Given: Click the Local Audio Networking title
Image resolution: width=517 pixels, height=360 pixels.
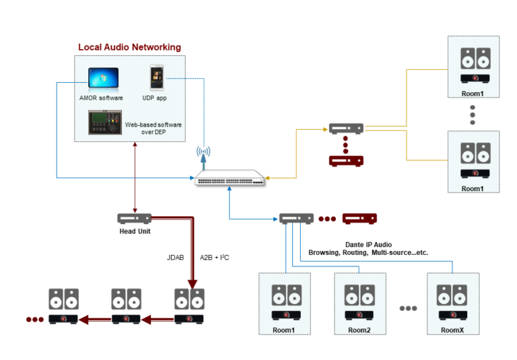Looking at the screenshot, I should (129, 47).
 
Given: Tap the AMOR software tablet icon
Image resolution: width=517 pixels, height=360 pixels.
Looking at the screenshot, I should (103, 80).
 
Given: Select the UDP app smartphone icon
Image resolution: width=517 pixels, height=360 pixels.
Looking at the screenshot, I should (156, 78).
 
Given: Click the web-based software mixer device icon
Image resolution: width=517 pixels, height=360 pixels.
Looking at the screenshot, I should (104, 122).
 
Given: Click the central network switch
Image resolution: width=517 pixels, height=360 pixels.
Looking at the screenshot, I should (230, 178).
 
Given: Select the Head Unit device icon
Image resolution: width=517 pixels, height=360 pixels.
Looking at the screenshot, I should (134, 219).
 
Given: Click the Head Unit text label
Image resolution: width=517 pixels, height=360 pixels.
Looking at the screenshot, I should (134, 231).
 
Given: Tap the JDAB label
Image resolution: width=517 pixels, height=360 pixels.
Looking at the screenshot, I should (176, 256).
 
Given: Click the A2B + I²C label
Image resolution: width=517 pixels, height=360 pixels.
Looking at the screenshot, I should (215, 256).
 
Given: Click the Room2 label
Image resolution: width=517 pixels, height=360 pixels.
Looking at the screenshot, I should (359, 330).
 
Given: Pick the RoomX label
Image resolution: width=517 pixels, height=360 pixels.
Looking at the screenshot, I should (452, 330).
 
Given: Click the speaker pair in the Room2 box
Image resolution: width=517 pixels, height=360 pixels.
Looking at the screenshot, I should (359, 295).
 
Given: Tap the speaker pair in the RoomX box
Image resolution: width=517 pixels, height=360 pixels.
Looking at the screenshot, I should (452, 295).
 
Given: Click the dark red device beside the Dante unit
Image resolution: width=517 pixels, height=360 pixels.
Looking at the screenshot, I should (359, 219).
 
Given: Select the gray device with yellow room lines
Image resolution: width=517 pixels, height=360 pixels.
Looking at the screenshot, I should (346, 128).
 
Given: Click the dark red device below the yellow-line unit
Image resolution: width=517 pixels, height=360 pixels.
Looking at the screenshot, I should (346, 161).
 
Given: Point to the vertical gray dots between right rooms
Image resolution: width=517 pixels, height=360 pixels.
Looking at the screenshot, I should (472, 114).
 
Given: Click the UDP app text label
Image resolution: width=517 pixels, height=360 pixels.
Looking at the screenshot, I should (157, 98).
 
